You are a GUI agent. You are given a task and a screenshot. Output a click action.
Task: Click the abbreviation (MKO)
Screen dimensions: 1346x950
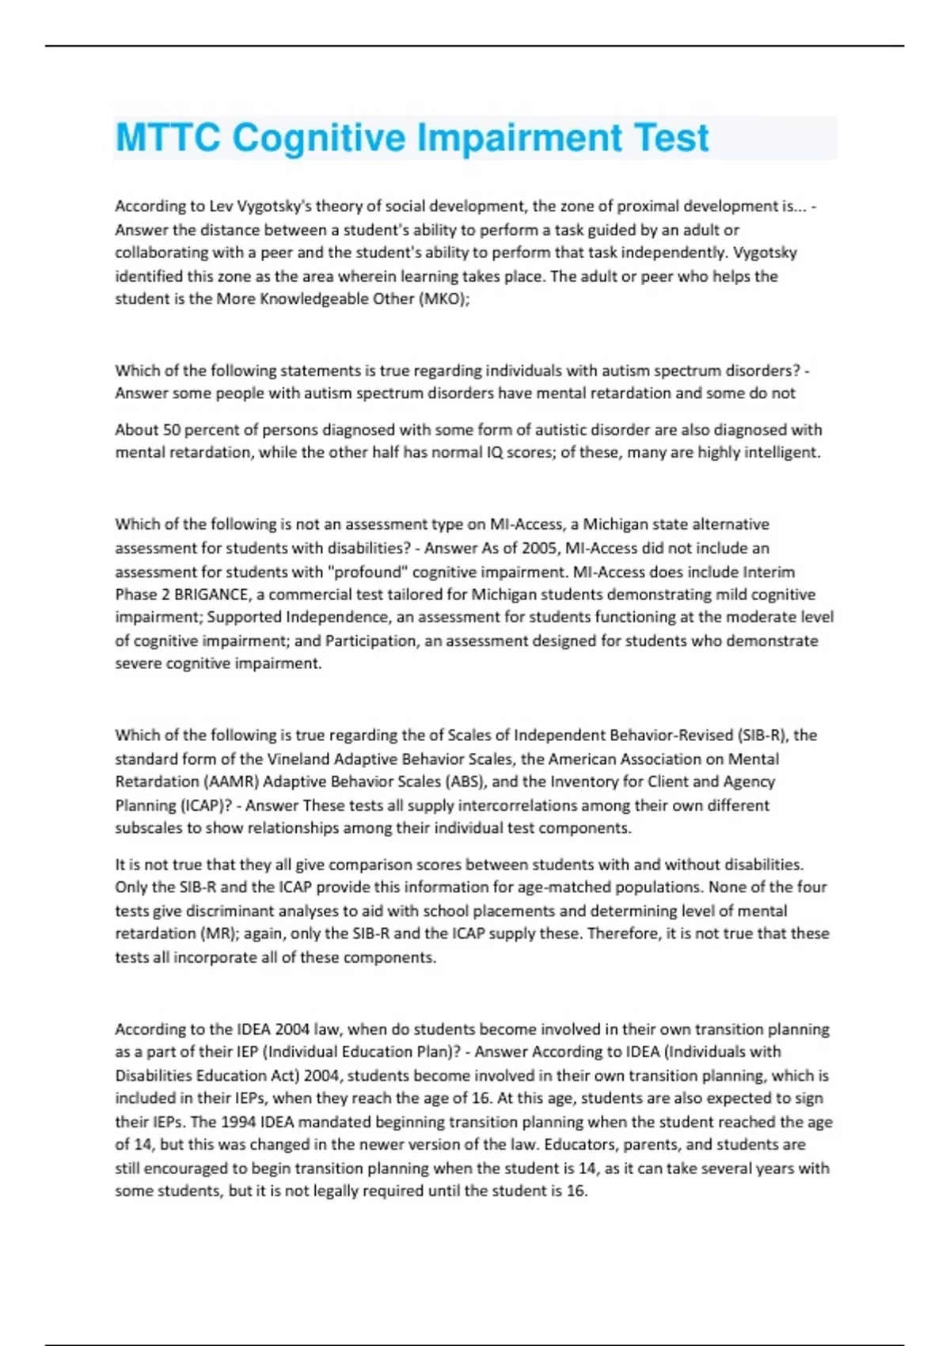click(443, 299)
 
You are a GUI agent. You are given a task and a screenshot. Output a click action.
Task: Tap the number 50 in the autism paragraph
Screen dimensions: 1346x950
click(172, 430)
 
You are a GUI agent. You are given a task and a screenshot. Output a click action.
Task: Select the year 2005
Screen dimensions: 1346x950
click(540, 548)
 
